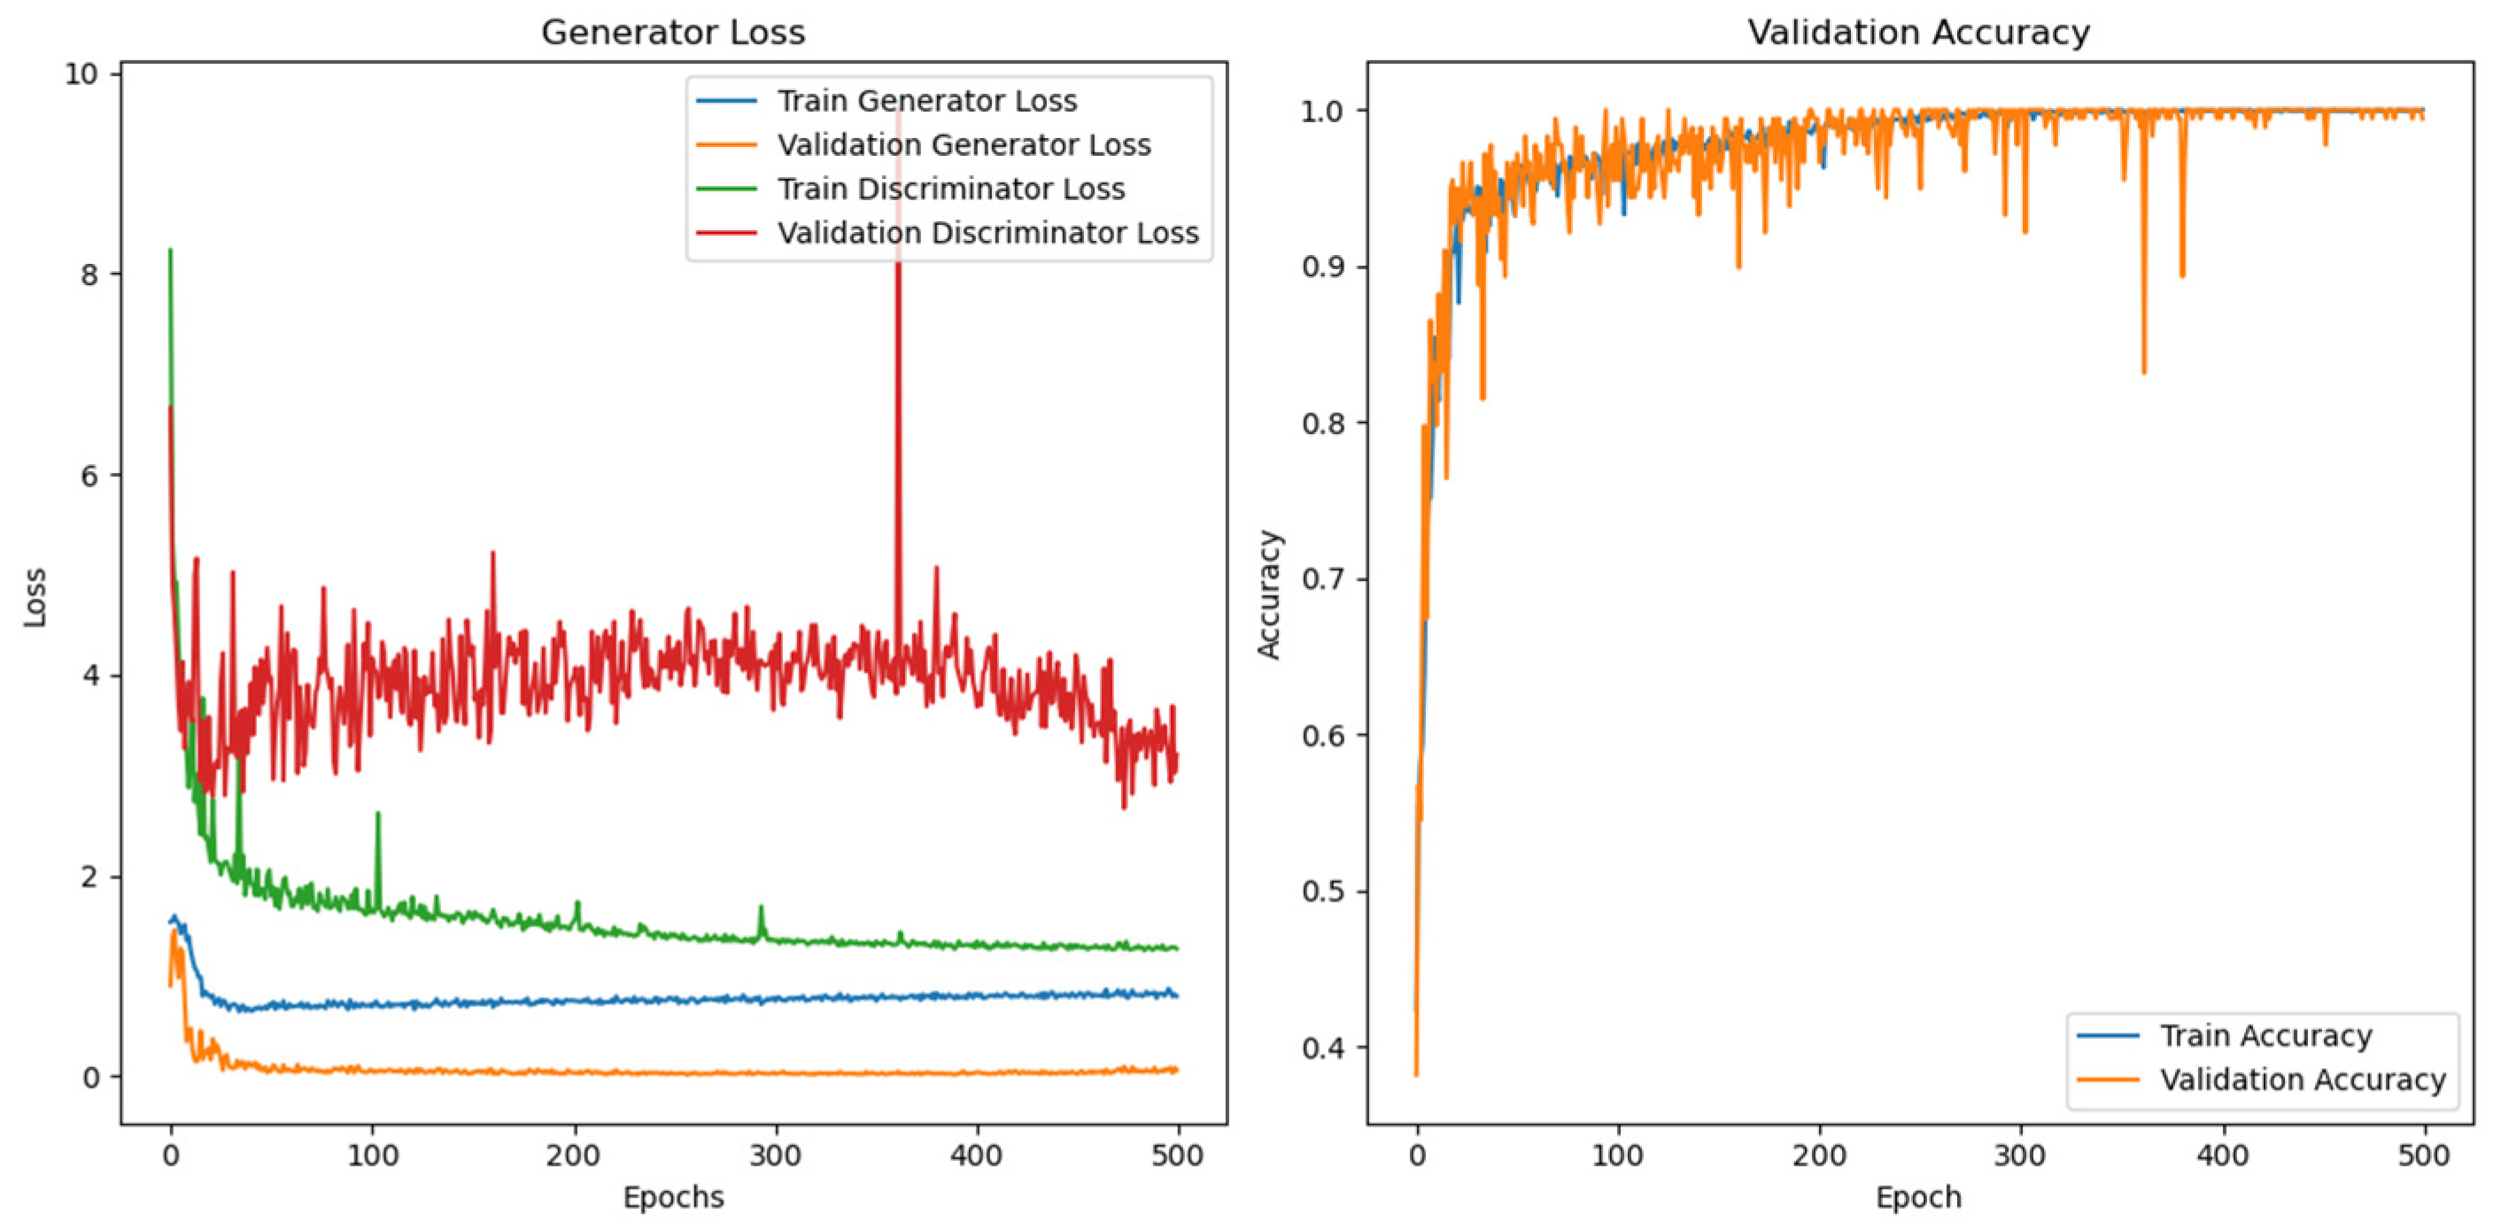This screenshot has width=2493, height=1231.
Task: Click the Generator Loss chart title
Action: [672, 32]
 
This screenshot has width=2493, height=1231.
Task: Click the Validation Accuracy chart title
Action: [1918, 32]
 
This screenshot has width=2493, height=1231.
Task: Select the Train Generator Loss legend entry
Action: [926, 101]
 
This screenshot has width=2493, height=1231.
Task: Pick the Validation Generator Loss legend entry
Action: [963, 145]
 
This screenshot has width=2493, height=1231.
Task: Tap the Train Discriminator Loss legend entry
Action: [950, 189]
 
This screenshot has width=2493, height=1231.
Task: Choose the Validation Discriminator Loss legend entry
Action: [987, 233]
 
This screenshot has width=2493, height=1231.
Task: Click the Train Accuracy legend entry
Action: [2265, 1035]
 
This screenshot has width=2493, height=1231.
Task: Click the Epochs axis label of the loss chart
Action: [672, 1197]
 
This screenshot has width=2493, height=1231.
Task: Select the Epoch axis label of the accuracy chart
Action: [1918, 1197]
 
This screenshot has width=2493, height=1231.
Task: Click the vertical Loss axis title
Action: [35, 597]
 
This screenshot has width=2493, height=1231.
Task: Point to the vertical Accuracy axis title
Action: [1268, 594]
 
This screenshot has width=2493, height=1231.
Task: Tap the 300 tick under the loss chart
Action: [774, 1155]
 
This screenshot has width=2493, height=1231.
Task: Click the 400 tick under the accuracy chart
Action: [2222, 1155]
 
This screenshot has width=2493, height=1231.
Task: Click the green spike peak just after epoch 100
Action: [377, 814]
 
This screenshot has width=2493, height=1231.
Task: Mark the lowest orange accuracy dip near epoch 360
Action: [2144, 372]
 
